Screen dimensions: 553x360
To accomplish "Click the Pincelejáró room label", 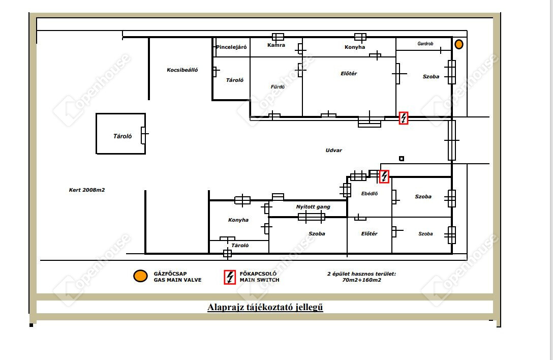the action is pyautogui.click(x=231, y=47).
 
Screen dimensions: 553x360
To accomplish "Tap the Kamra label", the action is pyautogui.click(x=276, y=45).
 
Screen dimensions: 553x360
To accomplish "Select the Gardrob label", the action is pyautogui.click(x=425, y=43).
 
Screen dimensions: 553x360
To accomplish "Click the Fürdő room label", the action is pyautogui.click(x=278, y=86).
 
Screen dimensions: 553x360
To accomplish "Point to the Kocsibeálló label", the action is pyautogui.click(x=182, y=70).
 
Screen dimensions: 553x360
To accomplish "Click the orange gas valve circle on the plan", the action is pyautogui.click(x=459, y=44).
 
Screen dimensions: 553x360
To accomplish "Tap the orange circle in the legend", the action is pyautogui.click(x=140, y=276).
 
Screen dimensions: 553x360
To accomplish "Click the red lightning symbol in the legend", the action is pyautogui.click(x=230, y=277).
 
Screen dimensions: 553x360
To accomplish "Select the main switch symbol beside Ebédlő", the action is pyautogui.click(x=384, y=176).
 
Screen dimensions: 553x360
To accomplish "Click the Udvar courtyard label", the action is pyautogui.click(x=333, y=150).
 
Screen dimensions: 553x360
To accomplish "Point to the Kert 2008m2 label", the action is pyautogui.click(x=87, y=190).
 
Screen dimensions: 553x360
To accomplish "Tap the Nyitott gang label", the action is pyautogui.click(x=313, y=207).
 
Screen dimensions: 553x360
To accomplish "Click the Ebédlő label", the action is pyautogui.click(x=370, y=193).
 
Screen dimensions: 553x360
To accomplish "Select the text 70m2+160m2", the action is pyautogui.click(x=361, y=280).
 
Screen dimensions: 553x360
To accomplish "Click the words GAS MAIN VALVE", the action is pyautogui.click(x=177, y=280).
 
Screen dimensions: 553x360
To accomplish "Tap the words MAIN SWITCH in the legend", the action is pyautogui.click(x=260, y=280).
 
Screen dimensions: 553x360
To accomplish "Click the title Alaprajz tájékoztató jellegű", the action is pyautogui.click(x=265, y=307).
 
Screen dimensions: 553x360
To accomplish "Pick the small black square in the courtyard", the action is pyautogui.click(x=402, y=159).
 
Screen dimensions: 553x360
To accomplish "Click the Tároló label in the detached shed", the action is pyautogui.click(x=122, y=136).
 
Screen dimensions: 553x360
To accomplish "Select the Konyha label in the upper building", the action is pyautogui.click(x=355, y=47).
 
